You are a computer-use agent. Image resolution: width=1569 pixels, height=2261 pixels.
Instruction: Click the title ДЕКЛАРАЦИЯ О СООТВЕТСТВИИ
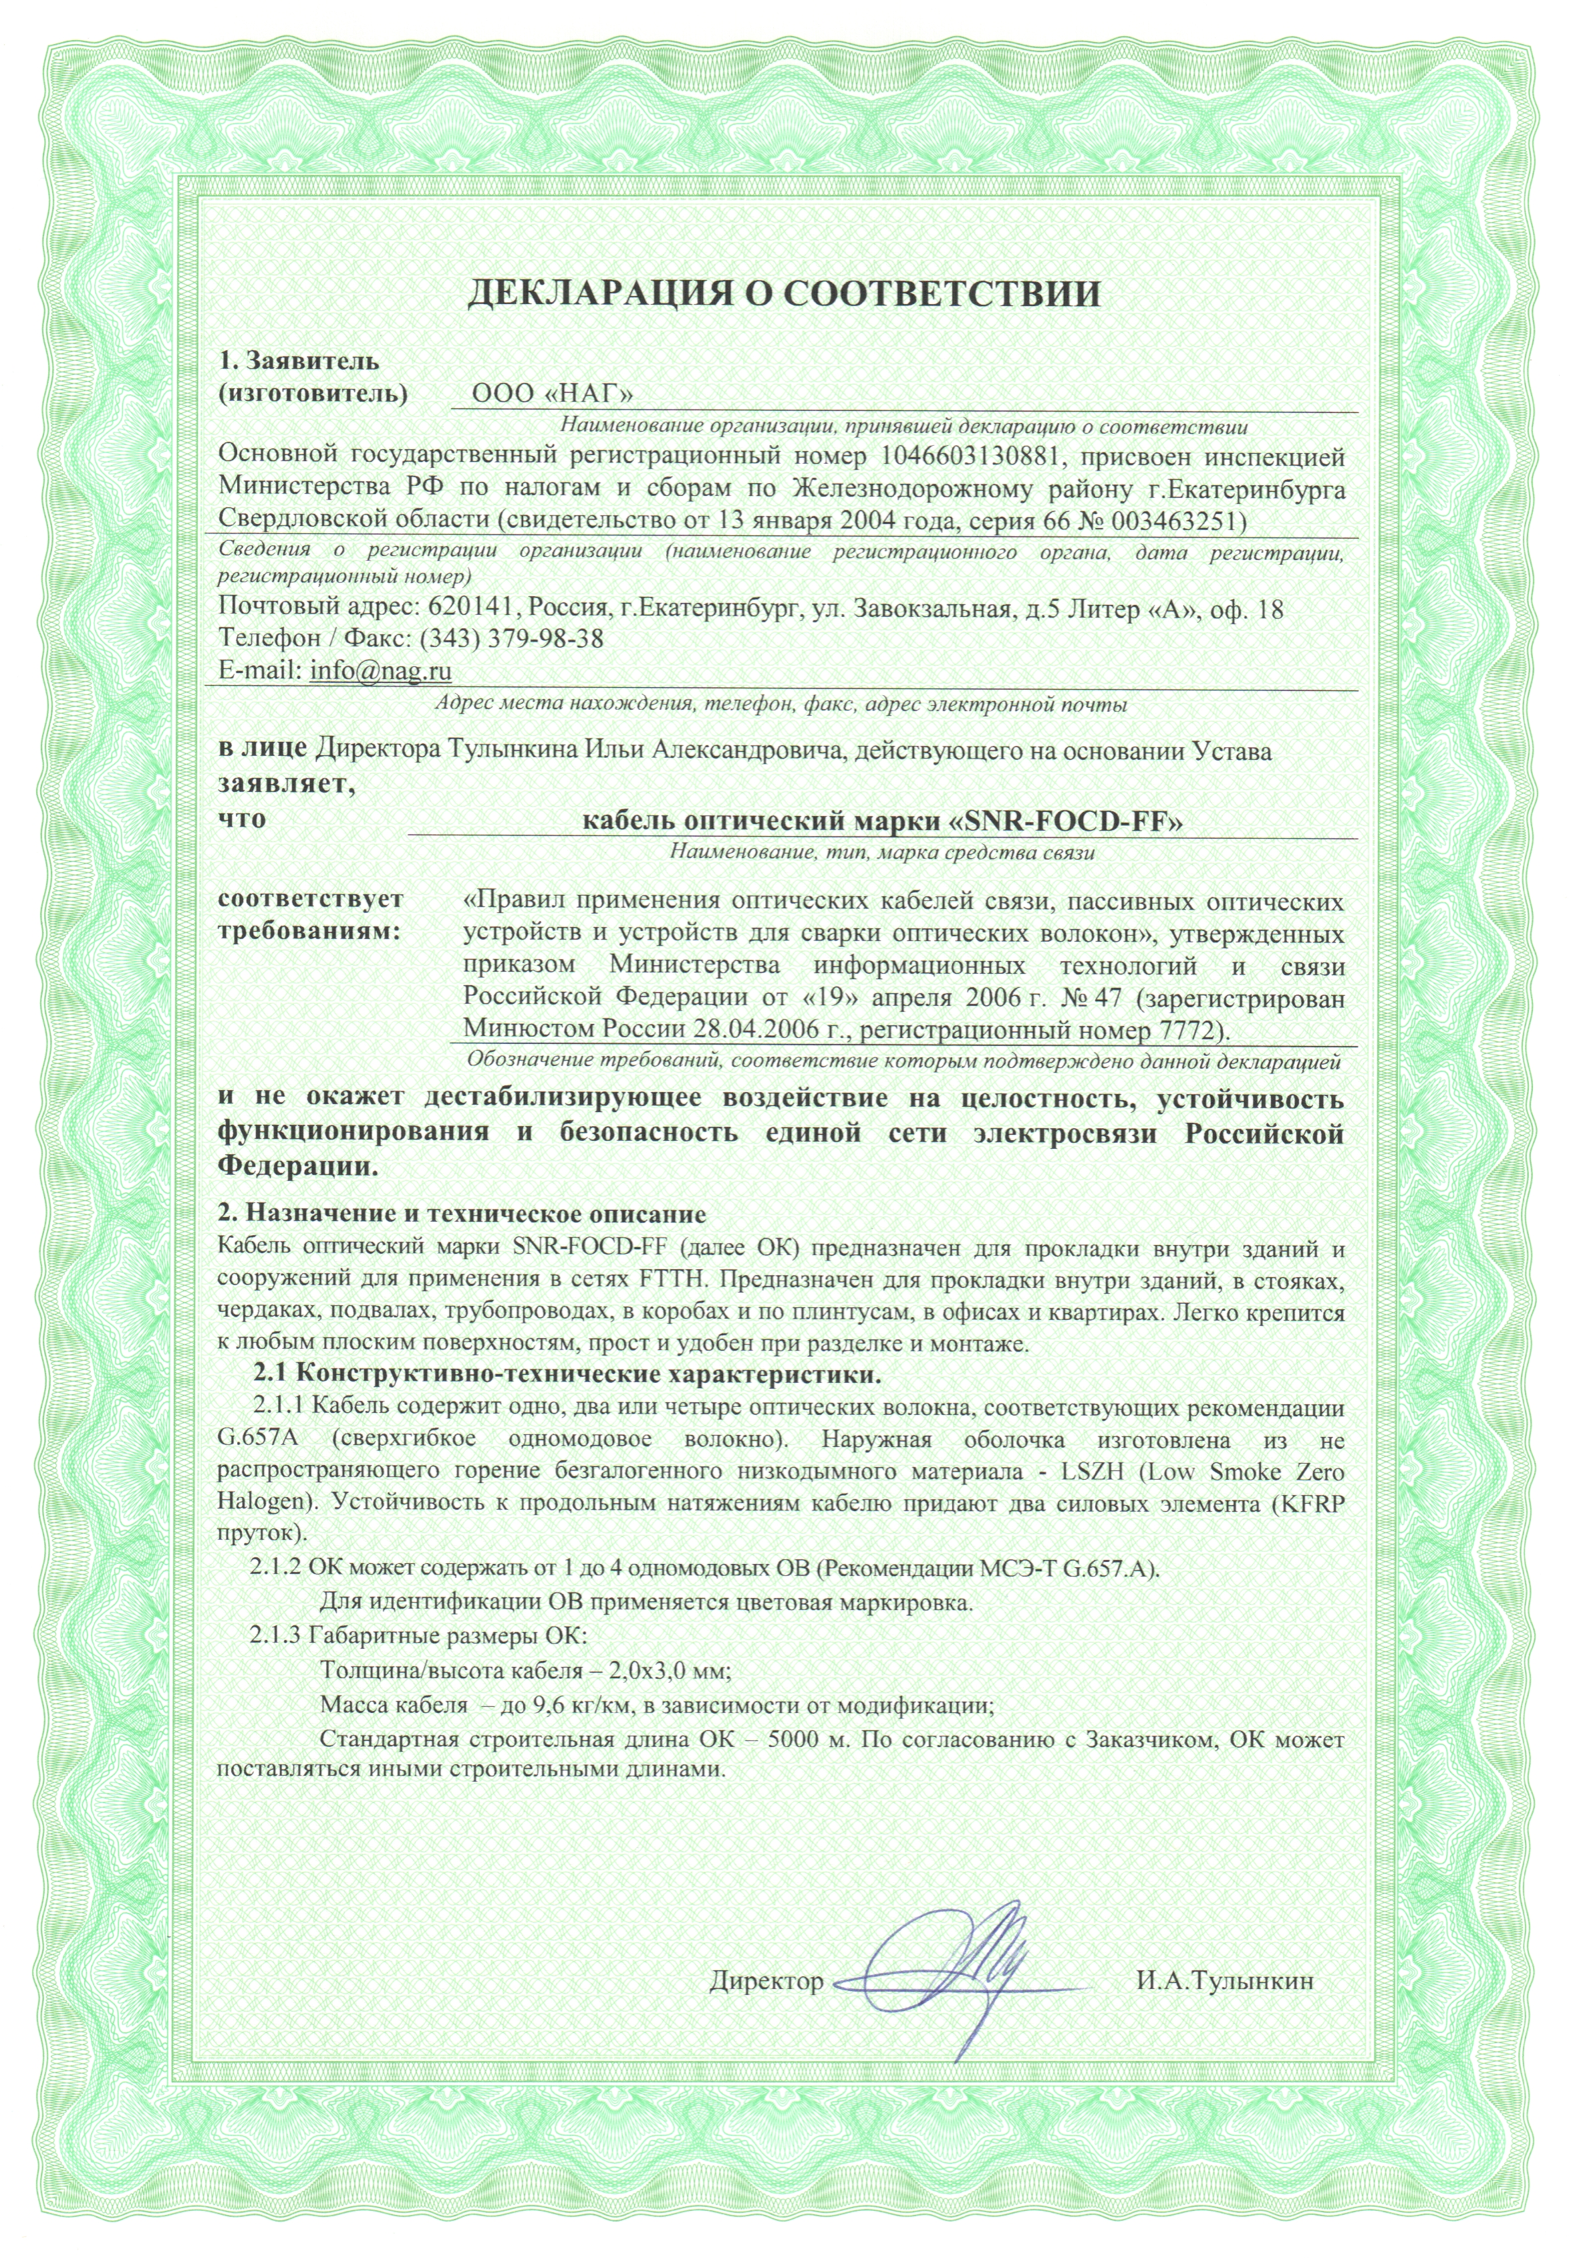click(x=784, y=294)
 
